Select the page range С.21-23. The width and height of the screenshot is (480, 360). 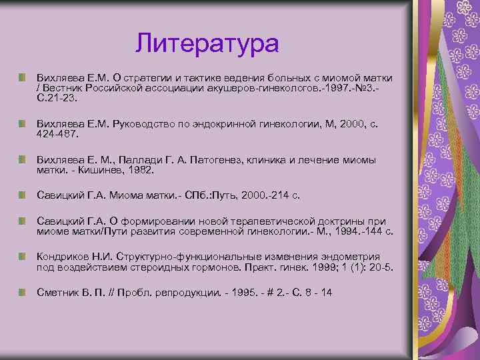pos(57,98)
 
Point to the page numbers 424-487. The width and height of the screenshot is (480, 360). pos(58,134)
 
